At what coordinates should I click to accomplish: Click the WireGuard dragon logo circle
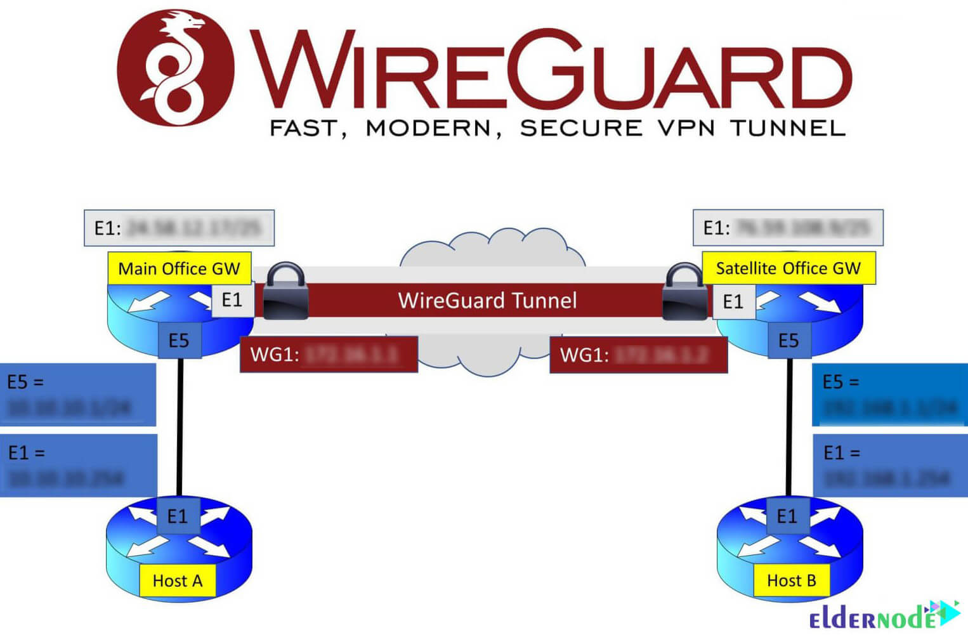point(175,67)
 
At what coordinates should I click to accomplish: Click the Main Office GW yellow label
point(180,268)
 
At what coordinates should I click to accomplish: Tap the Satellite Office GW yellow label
point(788,268)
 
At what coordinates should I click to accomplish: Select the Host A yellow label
point(178,581)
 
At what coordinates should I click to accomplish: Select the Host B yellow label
point(791,581)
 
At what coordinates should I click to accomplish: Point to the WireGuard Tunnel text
point(487,300)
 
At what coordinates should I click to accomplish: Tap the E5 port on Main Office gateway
point(179,341)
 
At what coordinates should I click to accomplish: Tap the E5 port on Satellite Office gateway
point(788,341)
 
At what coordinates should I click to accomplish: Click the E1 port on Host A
point(178,516)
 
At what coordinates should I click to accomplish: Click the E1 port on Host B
point(787,516)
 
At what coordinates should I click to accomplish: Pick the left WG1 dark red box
point(329,354)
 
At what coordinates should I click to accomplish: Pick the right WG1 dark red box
point(638,354)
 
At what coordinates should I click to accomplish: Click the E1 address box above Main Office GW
point(179,228)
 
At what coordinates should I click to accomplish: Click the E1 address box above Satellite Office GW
point(787,228)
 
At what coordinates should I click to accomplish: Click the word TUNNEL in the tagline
point(788,128)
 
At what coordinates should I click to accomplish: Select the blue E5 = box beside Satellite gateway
point(889,394)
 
